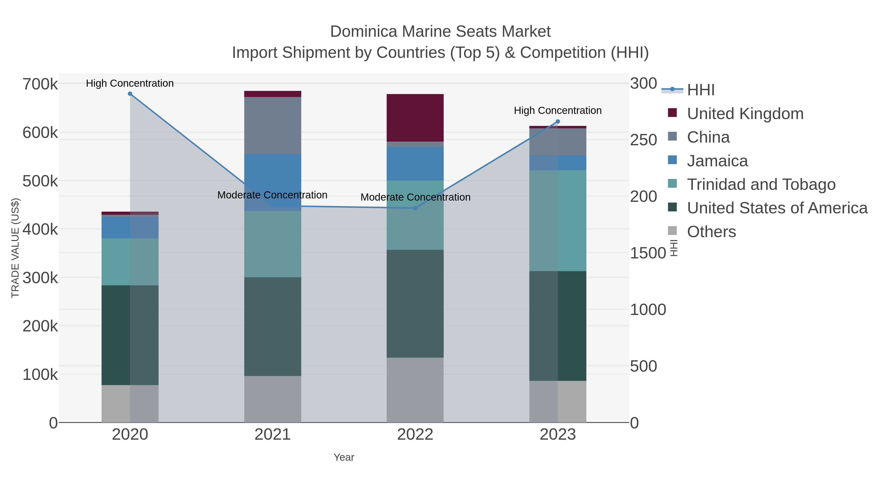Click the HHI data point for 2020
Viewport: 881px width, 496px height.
130,94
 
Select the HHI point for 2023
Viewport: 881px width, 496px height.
558,121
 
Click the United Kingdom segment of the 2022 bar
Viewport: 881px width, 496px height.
415,118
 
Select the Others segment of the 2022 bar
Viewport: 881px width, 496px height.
415,390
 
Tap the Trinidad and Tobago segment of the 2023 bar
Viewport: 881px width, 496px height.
558,221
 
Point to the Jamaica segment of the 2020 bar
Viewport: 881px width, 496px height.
130,227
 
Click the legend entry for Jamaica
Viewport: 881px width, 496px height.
717,161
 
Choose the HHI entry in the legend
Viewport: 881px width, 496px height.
700,90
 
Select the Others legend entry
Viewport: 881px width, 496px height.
711,232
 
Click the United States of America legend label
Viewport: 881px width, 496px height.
777,208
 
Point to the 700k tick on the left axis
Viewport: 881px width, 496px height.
40,84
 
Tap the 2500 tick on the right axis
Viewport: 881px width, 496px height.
644,140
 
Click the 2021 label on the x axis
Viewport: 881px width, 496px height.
273,435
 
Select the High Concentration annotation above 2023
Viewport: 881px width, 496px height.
558,110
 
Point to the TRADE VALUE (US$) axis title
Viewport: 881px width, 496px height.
15,248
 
